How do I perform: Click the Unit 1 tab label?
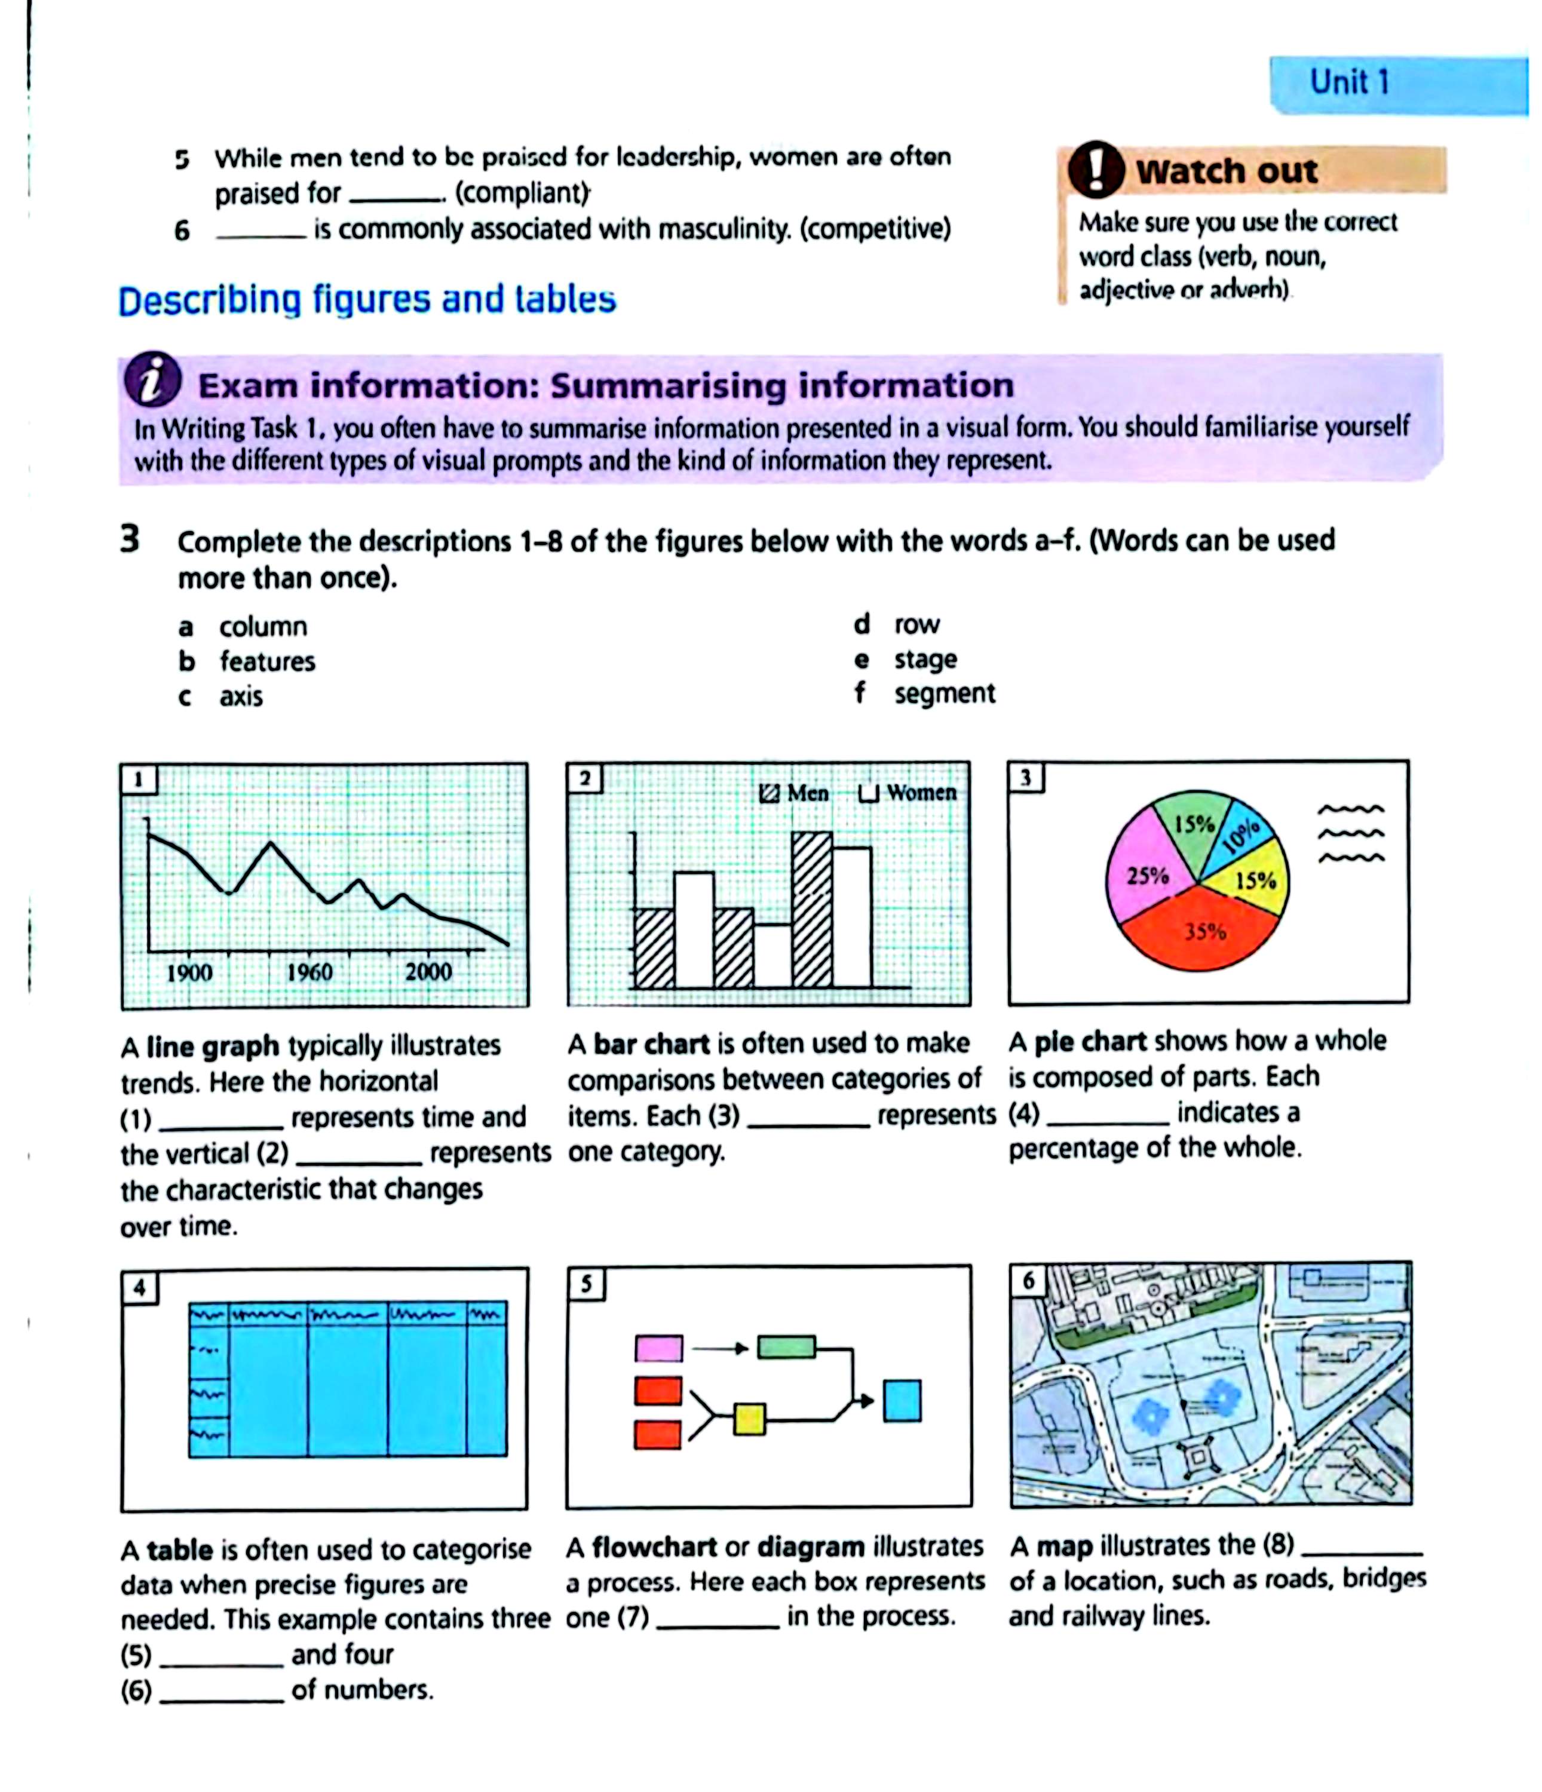tap(1348, 82)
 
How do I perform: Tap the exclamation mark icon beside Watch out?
tap(1095, 170)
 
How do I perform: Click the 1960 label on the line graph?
tap(309, 972)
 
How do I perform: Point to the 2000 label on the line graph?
tap(428, 971)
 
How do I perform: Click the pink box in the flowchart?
tap(658, 1348)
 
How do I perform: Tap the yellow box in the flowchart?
tap(749, 1419)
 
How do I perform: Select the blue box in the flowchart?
tap(902, 1401)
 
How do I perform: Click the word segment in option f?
tap(945, 694)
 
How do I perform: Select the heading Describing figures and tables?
tap(367, 300)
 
